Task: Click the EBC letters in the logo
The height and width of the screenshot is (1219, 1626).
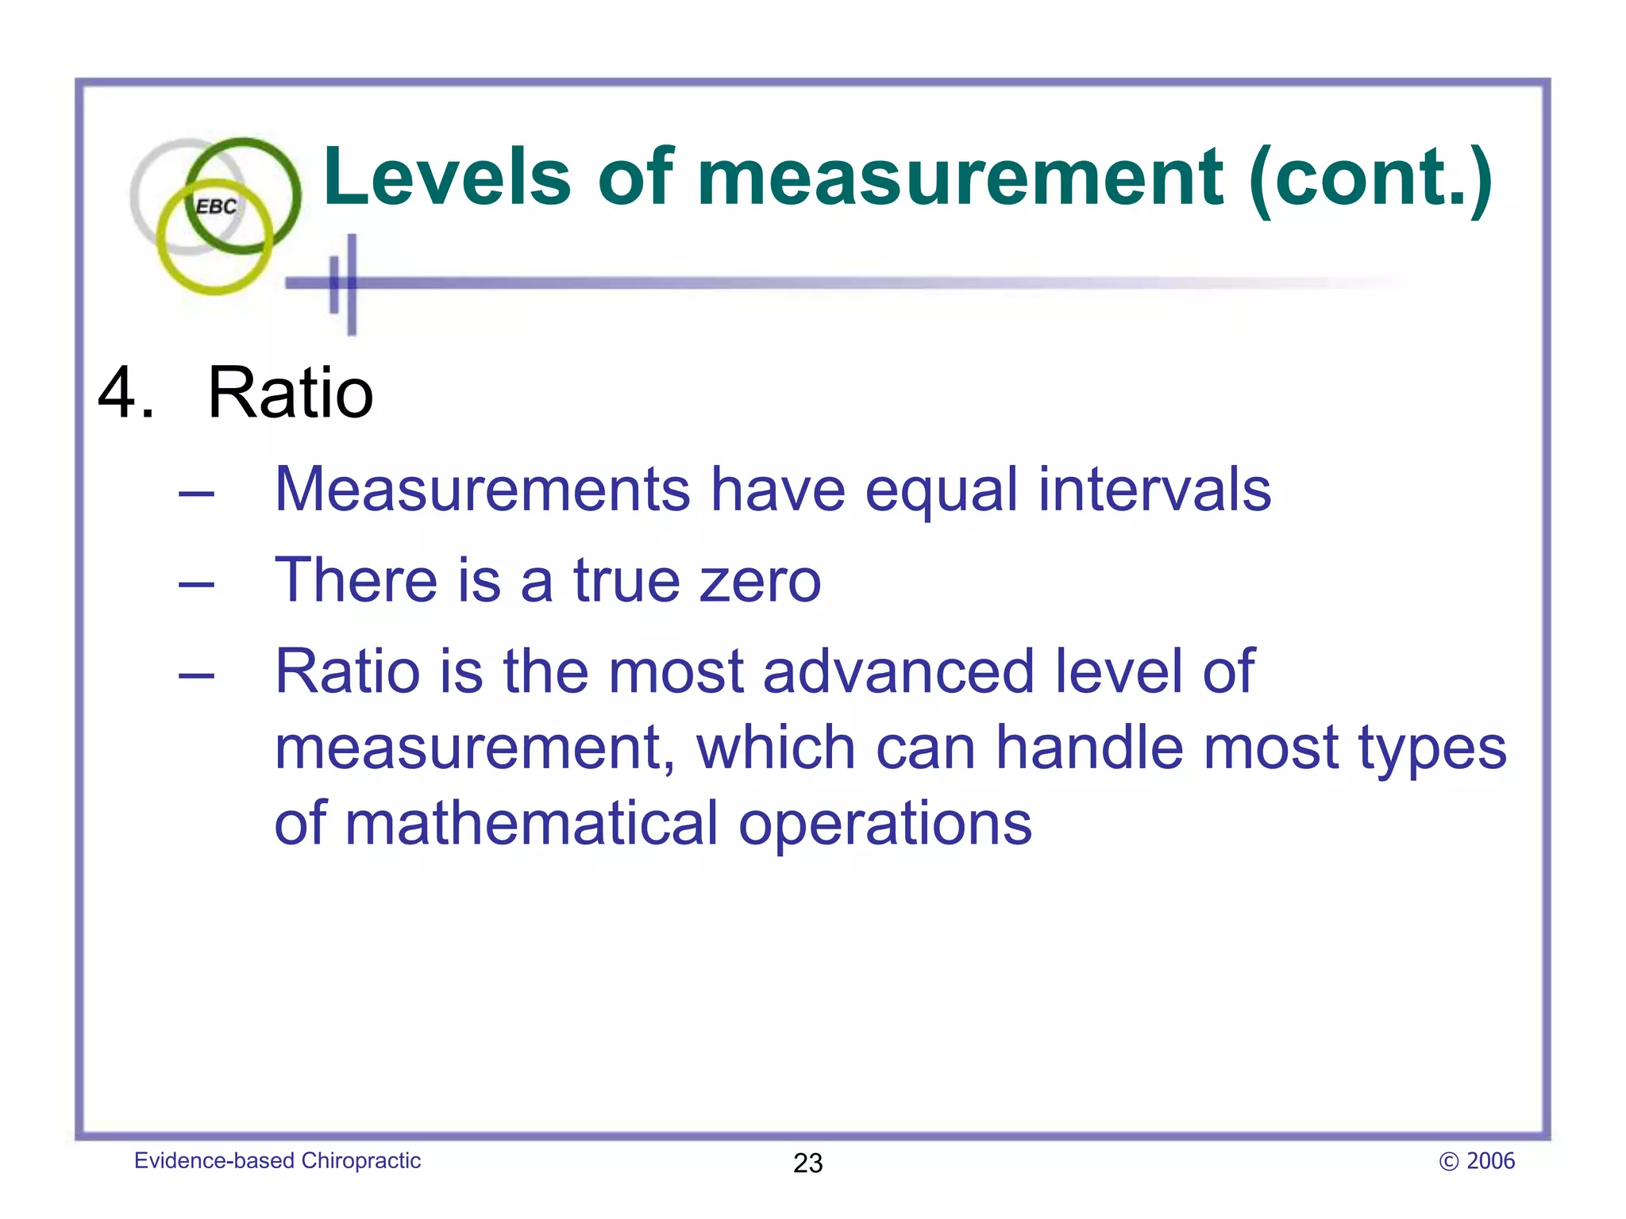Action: [x=216, y=207]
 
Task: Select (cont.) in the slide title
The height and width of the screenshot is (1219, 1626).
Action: [x=1370, y=180]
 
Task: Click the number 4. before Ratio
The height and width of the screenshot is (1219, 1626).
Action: [x=125, y=392]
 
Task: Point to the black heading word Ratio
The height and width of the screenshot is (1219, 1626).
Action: [x=290, y=392]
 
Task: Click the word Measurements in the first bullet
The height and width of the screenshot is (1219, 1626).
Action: [x=482, y=489]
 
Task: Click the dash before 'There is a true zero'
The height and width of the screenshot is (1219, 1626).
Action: [x=196, y=586]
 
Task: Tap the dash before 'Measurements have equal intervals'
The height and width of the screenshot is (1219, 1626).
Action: [x=196, y=494]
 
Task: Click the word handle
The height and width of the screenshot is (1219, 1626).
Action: [x=1089, y=748]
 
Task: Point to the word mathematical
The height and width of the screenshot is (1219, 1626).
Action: [x=531, y=823]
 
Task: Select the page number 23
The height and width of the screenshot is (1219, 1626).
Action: [x=807, y=1163]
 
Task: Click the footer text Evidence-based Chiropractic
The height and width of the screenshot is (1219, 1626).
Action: [x=277, y=1160]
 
